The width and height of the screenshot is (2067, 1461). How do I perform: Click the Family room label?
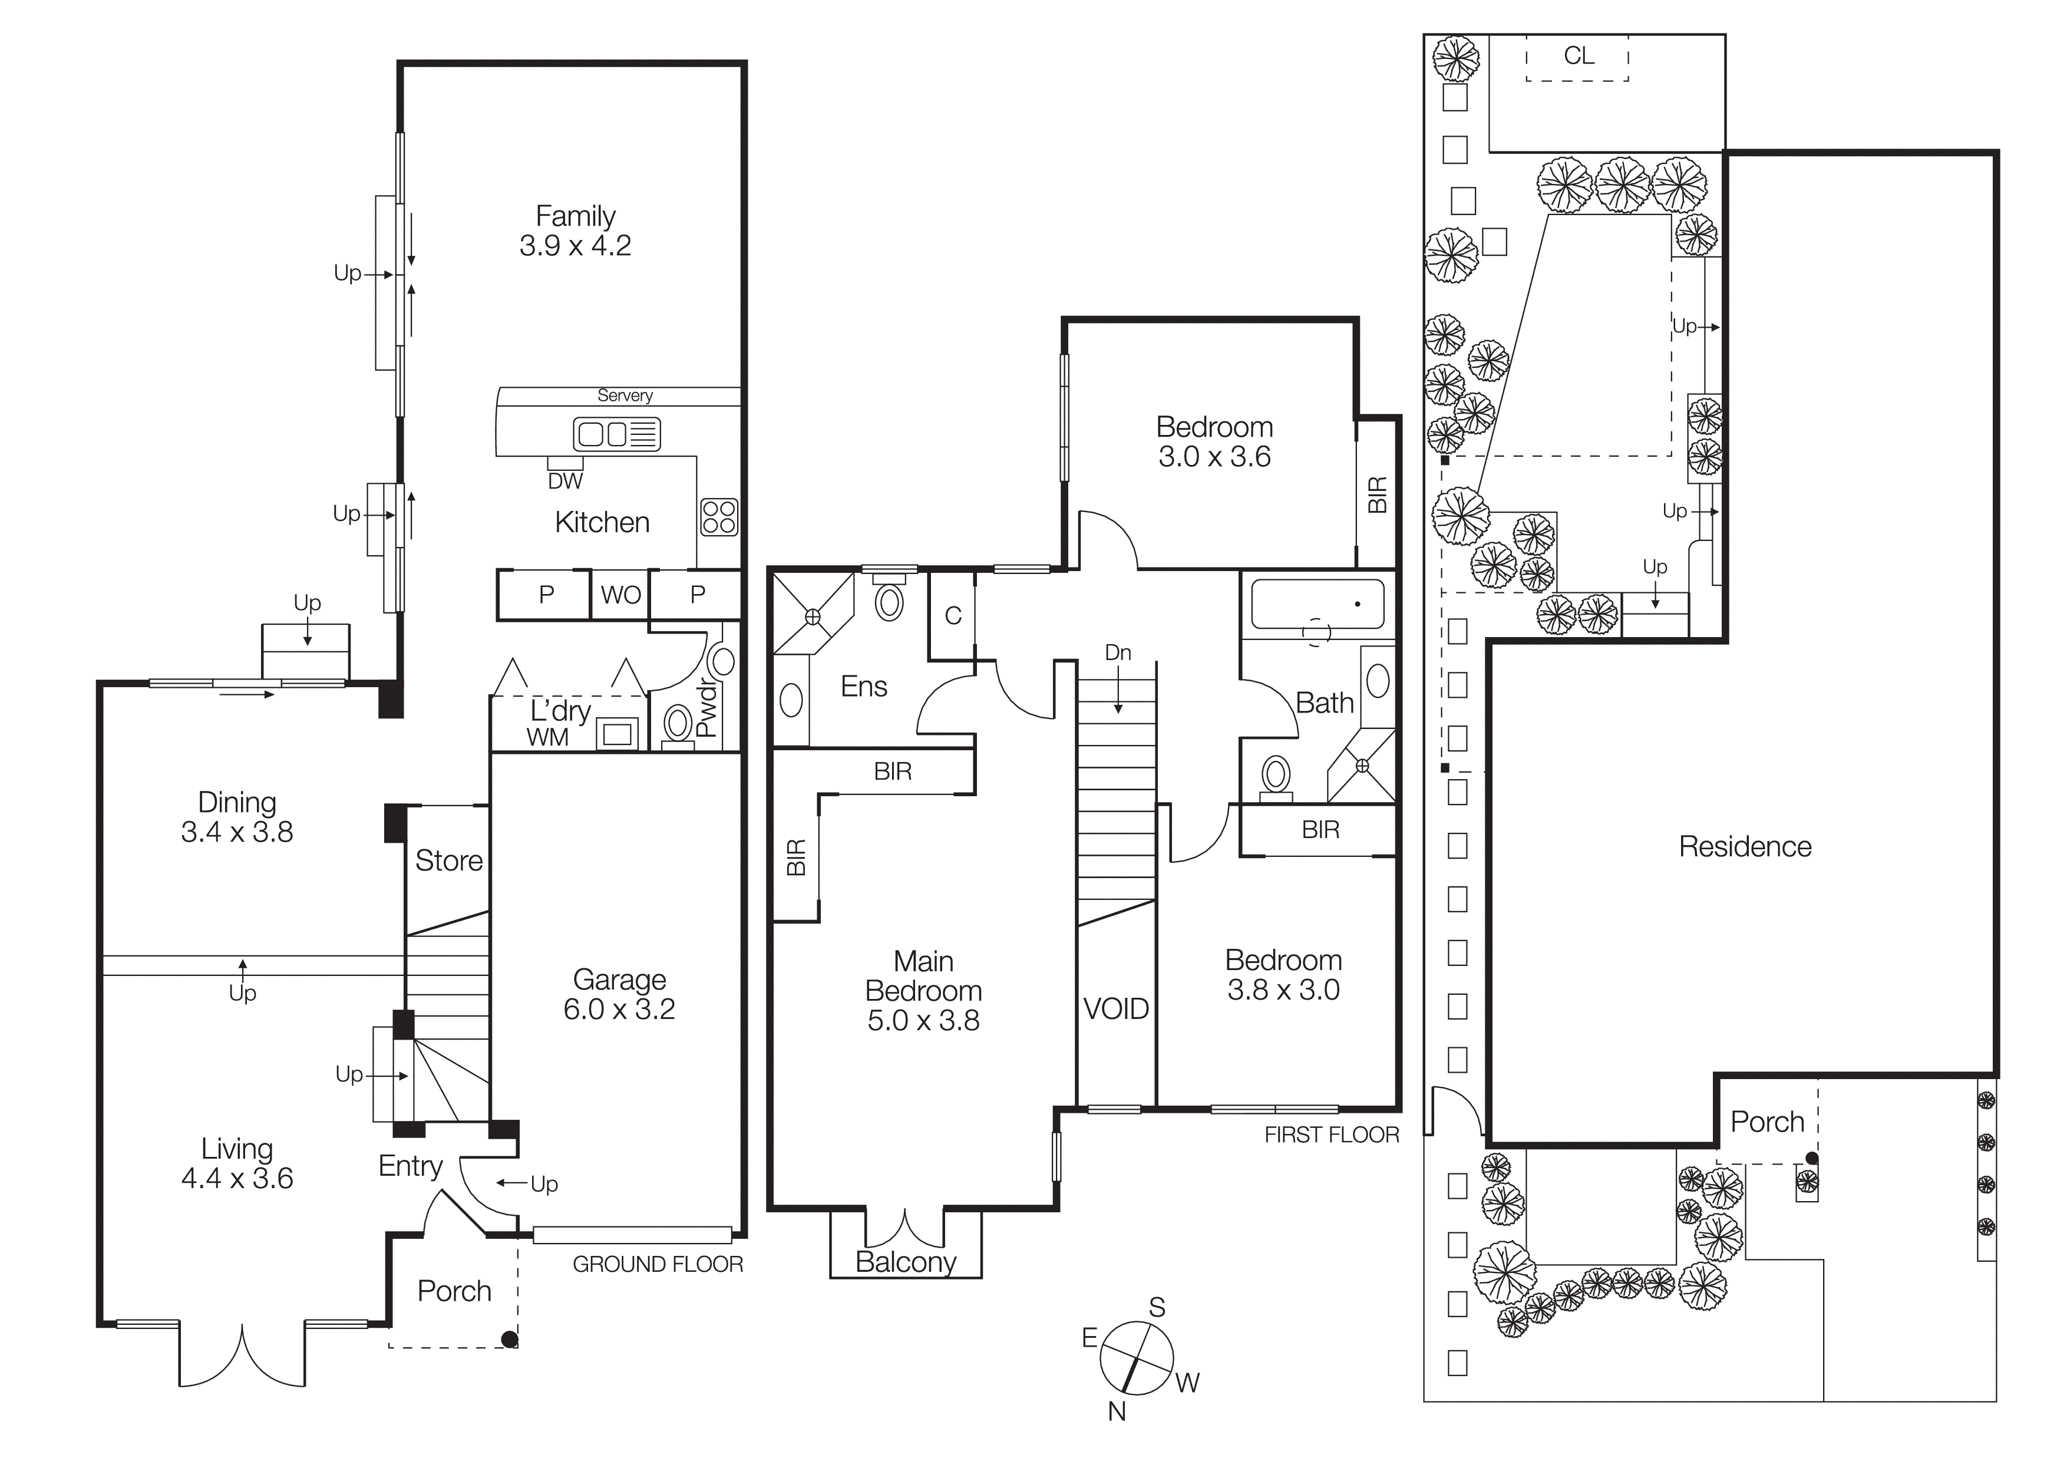(x=575, y=216)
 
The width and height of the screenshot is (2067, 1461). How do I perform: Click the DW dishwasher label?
(x=566, y=481)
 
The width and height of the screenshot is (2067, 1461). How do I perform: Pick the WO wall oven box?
(x=620, y=595)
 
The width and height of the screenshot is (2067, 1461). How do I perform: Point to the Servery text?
(x=625, y=395)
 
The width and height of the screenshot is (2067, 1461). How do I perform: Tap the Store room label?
(x=448, y=860)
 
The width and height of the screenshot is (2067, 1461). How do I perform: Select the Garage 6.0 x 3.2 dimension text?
(x=619, y=1009)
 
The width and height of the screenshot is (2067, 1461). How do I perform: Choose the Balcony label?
(x=906, y=1262)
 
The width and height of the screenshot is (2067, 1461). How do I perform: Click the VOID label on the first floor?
(x=1115, y=1008)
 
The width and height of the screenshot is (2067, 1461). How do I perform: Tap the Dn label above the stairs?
(x=1118, y=652)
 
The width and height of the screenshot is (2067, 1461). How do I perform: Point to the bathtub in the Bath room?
(x=1317, y=604)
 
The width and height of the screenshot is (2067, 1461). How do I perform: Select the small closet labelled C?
(x=952, y=616)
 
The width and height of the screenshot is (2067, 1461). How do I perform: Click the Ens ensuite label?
(x=863, y=687)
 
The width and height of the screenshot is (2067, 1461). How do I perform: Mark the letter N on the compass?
(x=1117, y=1411)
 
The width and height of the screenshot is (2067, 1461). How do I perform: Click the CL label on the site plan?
(x=1578, y=56)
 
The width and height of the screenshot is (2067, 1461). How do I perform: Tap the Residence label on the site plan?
(x=1745, y=846)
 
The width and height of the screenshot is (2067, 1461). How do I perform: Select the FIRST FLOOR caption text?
(x=1332, y=1135)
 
